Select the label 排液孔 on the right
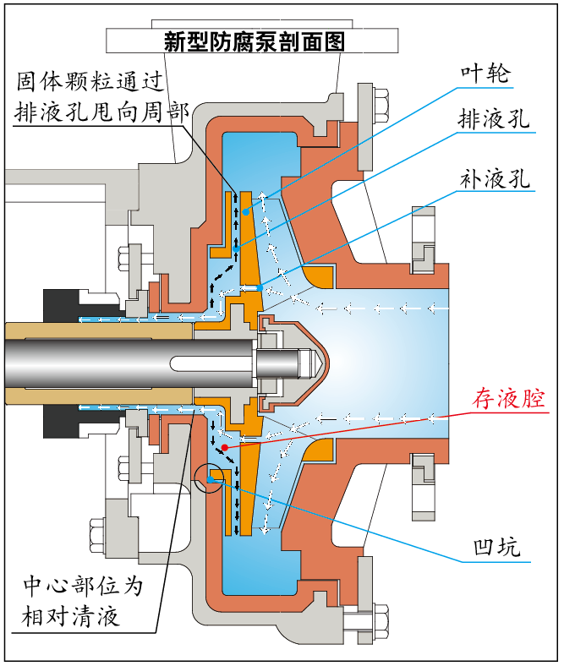tap(493, 119)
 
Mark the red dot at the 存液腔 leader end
tap(224, 445)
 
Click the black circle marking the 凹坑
tap(209, 478)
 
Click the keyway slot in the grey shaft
tap(211, 363)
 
